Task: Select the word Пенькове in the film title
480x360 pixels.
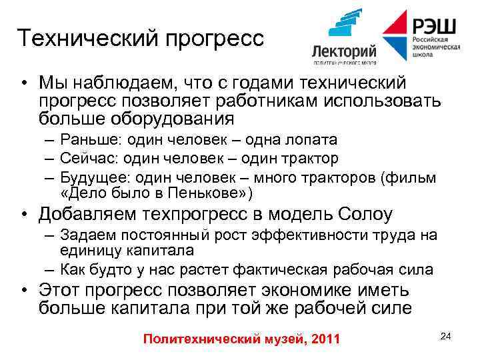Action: click(207, 193)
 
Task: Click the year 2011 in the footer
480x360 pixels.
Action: click(326, 339)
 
